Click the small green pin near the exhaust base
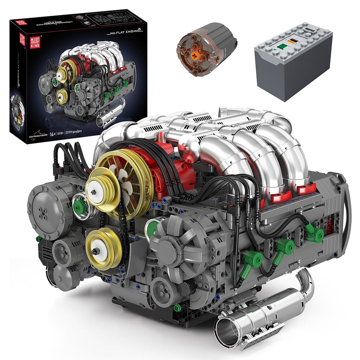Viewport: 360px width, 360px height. (177, 308)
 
